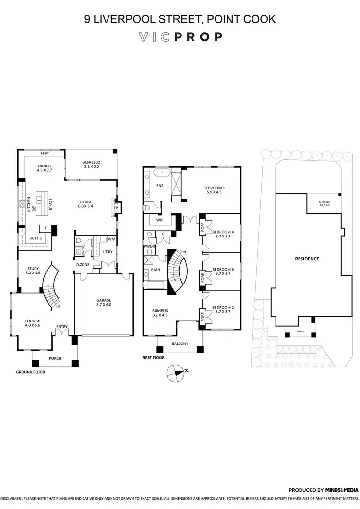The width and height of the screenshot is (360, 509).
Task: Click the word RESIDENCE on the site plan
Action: (307, 259)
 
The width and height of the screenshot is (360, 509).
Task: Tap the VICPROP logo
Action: (180, 37)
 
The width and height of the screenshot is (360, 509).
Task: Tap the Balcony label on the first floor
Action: (180, 343)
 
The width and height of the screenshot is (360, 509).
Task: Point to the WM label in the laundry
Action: (111, 238)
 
